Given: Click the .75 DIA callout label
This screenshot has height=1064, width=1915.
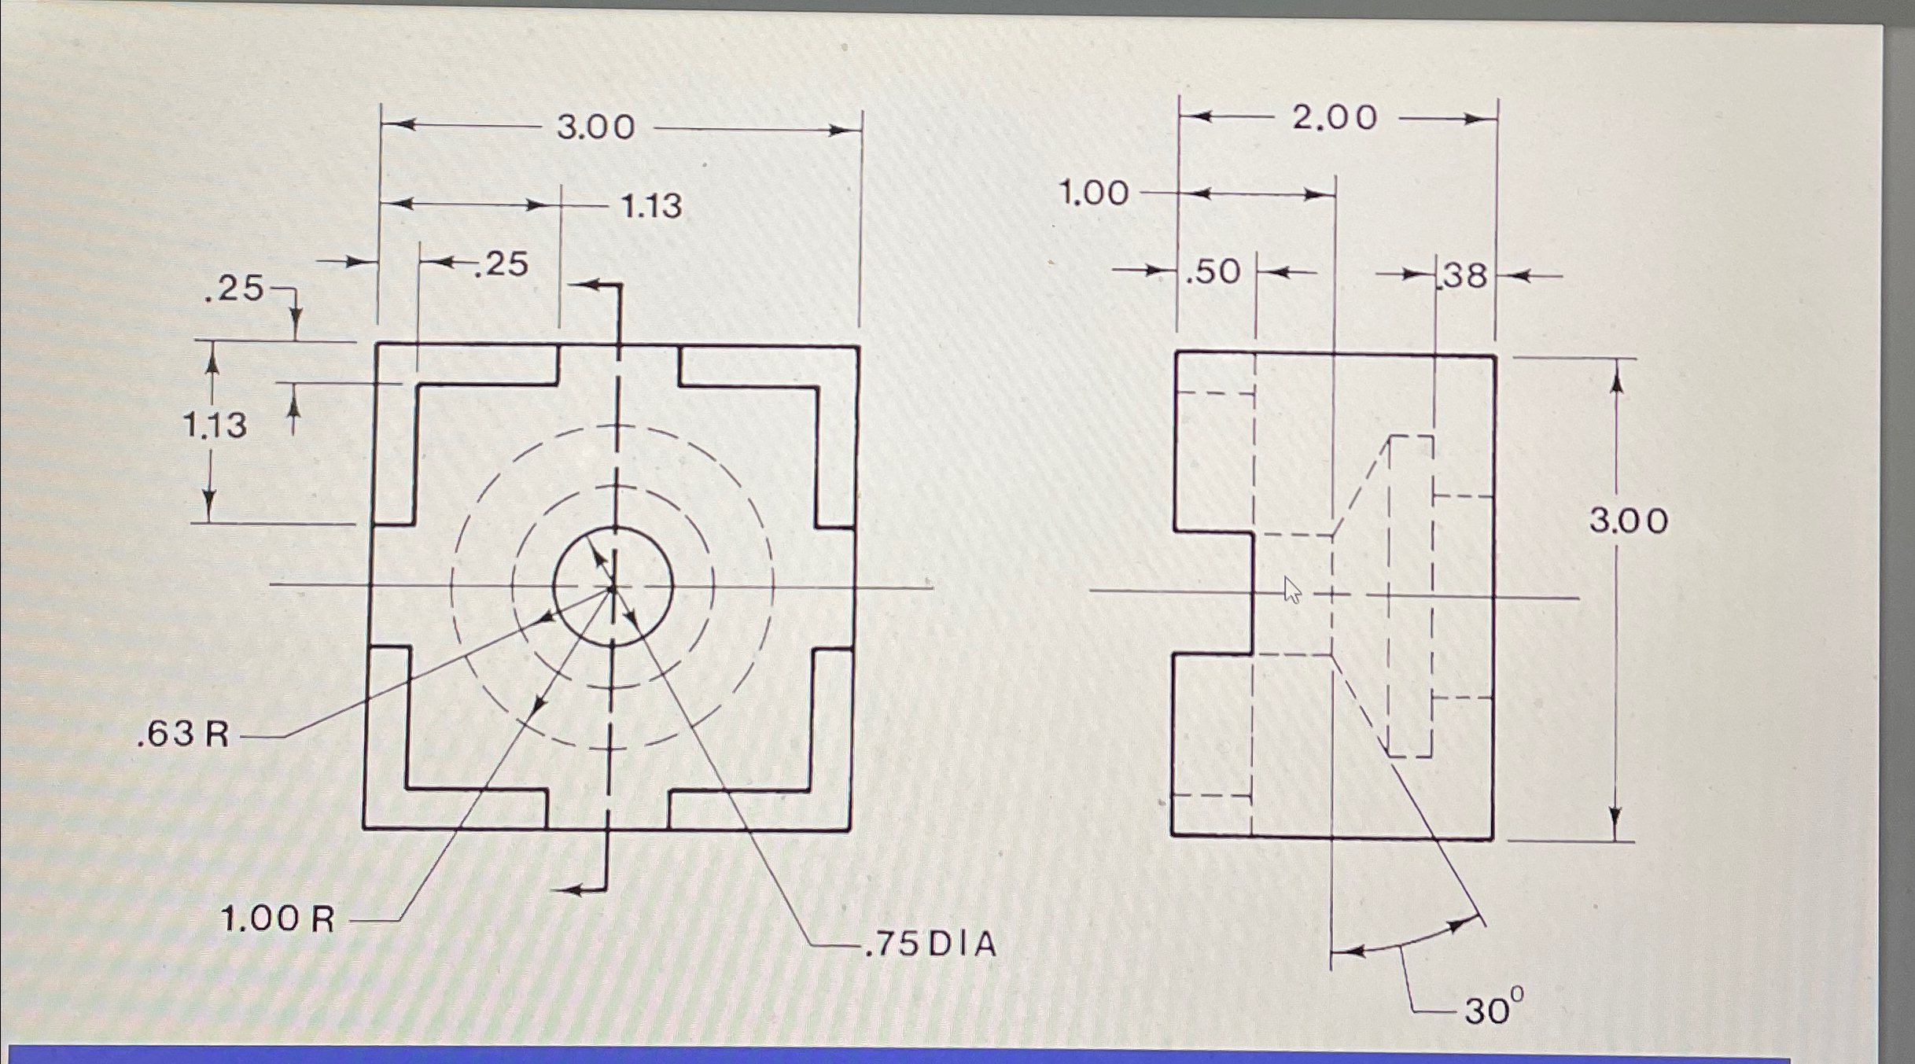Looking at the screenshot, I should pos(930,944).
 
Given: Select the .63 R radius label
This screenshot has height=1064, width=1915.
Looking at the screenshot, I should pos(183,734).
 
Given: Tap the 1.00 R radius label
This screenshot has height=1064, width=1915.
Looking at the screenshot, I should pos(278,919).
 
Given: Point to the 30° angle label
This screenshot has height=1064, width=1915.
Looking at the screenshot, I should pos(1493,1009).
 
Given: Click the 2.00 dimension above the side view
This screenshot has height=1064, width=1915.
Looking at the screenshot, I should pos(1335,118).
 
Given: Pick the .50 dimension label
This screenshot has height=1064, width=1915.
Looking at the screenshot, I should pos(1213,272).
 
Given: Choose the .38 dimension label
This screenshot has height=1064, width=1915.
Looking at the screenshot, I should pos(1464,276).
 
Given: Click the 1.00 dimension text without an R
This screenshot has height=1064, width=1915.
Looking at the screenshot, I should pos(1093,193).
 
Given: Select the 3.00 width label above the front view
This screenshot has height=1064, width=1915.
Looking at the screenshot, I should pos(595,127).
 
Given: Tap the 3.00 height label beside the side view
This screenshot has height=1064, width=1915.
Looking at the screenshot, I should pos(1628,521).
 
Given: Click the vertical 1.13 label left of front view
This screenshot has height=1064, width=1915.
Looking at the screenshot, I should pos(214,425).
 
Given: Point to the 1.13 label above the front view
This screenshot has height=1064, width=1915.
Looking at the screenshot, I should pos(651,206).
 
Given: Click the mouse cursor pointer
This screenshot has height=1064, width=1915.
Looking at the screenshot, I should pos(1291,589).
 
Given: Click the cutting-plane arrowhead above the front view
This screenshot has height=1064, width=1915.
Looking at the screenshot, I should pos(580,284).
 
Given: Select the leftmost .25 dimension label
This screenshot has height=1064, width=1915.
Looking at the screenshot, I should pos(234,289).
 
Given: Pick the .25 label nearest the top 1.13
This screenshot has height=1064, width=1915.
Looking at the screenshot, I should pos(503,265).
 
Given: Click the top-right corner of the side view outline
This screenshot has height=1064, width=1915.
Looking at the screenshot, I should pos(1494,356).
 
